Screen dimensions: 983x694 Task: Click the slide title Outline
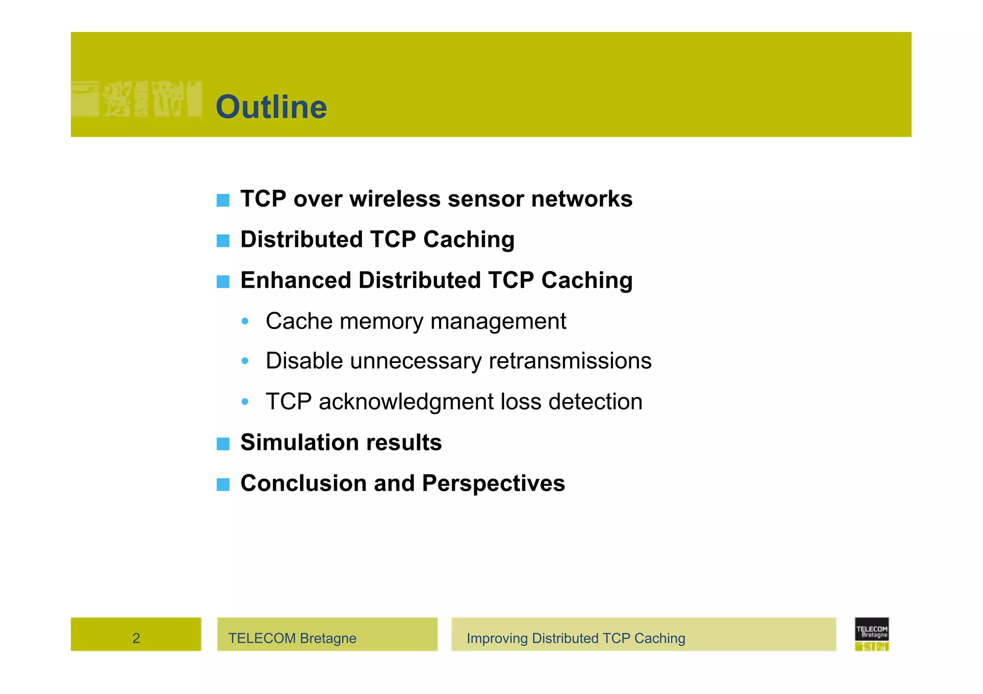(x=271, y=106)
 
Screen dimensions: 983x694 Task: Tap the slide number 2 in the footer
(x=136, y=638)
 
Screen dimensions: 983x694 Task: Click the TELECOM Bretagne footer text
(x=292, y=638)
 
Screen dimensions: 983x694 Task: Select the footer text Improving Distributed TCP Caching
(x=575, y=638)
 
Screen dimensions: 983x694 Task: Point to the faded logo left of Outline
(x=136, y=99)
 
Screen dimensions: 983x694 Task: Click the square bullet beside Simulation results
(x=223, y=444)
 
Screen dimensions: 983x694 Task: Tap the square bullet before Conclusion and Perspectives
(x=223, y=484)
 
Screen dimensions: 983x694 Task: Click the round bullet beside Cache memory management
(x=245, y=321)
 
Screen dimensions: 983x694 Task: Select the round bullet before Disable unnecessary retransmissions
(x=245, y=361)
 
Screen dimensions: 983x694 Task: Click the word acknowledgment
(x=406, y=401)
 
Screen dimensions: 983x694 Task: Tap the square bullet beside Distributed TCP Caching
(x=223, y=240)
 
